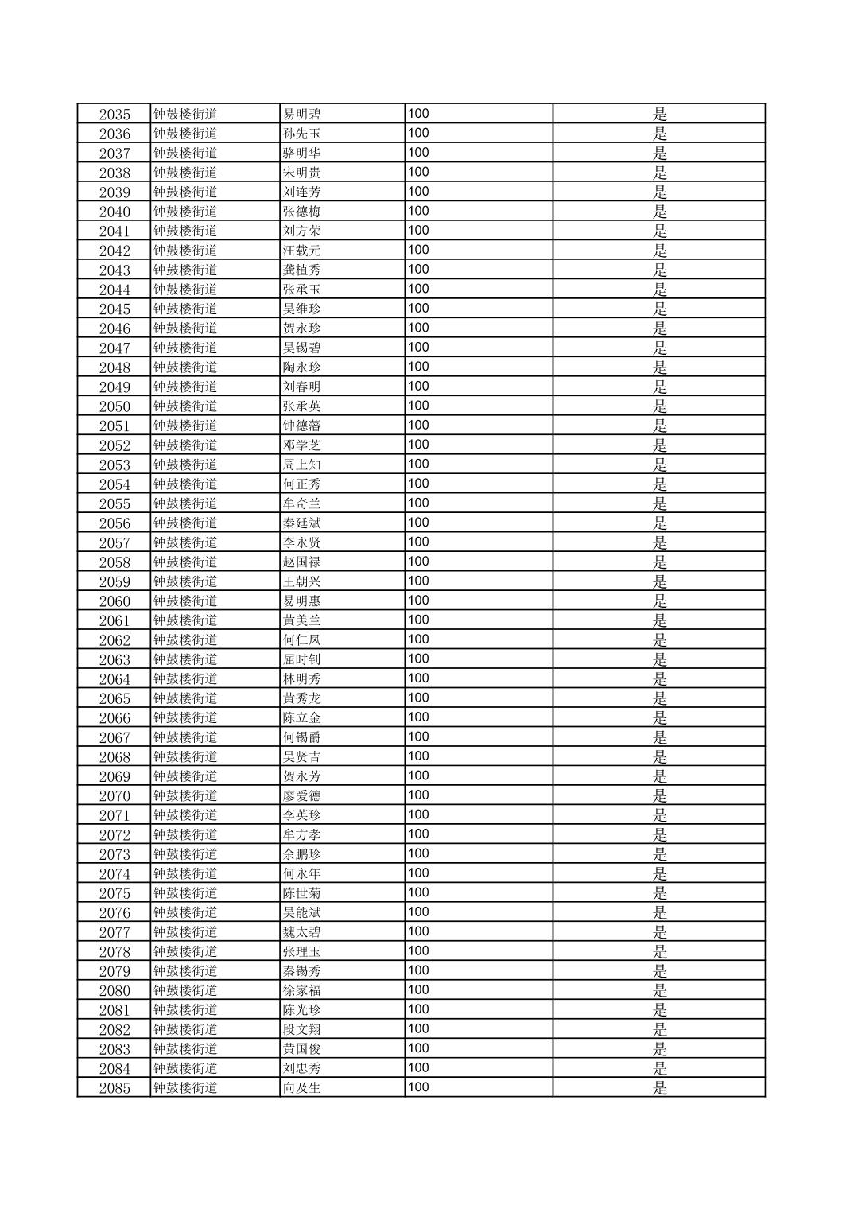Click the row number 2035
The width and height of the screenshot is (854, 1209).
(x=115, y=114)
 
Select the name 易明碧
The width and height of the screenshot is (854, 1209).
(x=302, y=114)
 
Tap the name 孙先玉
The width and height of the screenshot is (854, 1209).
(x=302, y=134)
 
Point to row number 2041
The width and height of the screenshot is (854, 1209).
(x=115, y=231)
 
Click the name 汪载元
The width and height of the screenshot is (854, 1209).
(x=302, y=251)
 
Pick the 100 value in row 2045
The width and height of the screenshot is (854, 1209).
(x=418, y=309)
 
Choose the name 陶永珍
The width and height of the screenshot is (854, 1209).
(x=302, y=367)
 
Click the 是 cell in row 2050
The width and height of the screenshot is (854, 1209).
(x=659, y=406)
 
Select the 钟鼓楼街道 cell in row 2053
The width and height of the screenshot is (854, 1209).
(x=185, y=465)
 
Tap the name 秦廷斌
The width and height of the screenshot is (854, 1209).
(x=302, y=523)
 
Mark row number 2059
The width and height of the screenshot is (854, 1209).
(x=115, y=581)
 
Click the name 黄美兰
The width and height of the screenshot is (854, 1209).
(x=302, y=620)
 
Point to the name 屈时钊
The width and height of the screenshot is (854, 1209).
(x=302, y=659)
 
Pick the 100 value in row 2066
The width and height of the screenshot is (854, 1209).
(x=418, y=717)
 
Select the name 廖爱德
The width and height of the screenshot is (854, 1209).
(x=302, y=795)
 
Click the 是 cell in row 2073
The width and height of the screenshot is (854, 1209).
(x=659, y=854)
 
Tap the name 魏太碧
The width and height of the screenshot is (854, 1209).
(x=302, y=932)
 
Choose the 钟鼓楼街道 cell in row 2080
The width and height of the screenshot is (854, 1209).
(x=185, y=990)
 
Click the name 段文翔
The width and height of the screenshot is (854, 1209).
(x=302, y=1029)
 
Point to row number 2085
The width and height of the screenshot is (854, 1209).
(x=115, y=1088)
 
